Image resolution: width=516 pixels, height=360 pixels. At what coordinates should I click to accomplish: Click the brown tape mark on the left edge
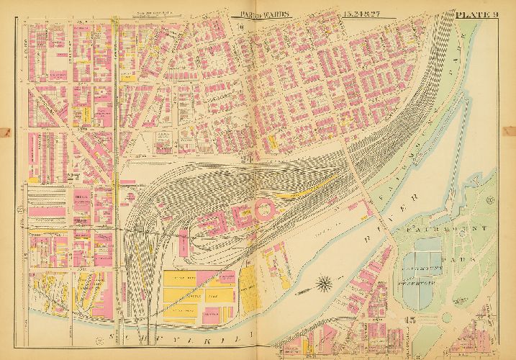(x=6, y=132)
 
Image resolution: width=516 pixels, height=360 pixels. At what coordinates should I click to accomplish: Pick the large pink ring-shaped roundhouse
(x=260, y=210)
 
